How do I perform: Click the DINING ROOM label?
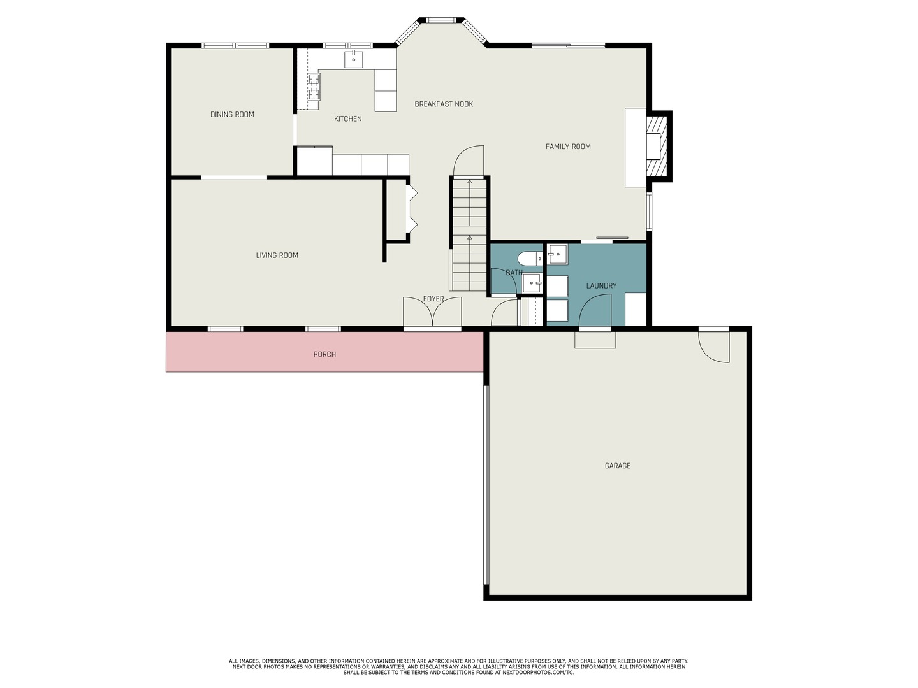232,115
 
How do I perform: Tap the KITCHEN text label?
347,119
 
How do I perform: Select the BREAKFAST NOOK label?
444,104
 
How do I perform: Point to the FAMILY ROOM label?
568,147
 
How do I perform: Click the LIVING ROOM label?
277,255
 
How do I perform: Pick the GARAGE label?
617,466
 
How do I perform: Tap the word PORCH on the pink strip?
324,354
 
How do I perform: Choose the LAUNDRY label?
601,286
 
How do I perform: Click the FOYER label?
433,299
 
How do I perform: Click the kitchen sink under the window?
354,59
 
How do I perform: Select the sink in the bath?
532,283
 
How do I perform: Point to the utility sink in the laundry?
557,254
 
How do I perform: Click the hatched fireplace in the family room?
659,146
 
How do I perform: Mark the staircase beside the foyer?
470,236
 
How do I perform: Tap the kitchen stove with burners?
314,87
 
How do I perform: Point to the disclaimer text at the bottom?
458,666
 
